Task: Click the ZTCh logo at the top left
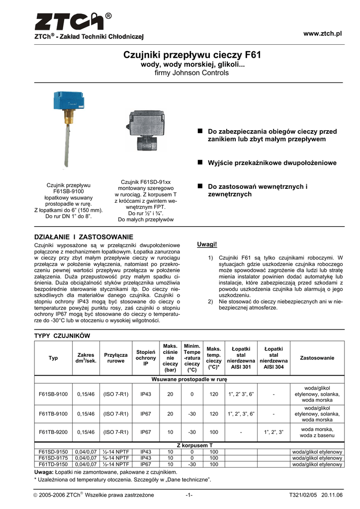pyautogui.click(x=72, y=22)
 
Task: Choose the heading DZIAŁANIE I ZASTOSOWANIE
pyautogui.click(x=83, y=237)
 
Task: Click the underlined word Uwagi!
pyautogui.click(x=207, y=245)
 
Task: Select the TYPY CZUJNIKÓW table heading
pyautogui.click(x=62, y=336)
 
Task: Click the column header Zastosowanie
pyautogui.click(x=317, y=358)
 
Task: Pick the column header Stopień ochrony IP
pyautogui.click(x=146, y=358)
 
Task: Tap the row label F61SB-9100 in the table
pyautogui.click(x=53, y=394)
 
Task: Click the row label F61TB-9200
pyautogui.click(x=53, y=432)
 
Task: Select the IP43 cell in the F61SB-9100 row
pyautogui.click(x=146, y=394)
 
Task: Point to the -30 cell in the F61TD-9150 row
pyautogui.click(x=192, y=464)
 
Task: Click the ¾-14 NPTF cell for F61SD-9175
pyautogui.click(x=116, y=458)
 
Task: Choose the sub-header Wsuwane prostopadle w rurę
pyautogui.click(x=189, y=379)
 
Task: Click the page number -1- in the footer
pyautogui.click(x=189, y=495)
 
